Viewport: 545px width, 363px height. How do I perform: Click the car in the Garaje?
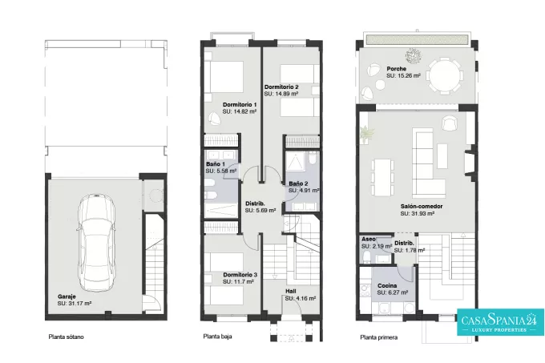96,243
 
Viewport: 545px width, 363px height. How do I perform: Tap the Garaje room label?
67,296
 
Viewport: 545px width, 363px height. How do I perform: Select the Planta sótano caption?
66,337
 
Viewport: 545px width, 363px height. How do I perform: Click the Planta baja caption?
217,337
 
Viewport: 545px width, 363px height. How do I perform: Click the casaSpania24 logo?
500,322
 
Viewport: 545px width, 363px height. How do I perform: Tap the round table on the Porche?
446,75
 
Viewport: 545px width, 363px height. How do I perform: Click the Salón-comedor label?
422,206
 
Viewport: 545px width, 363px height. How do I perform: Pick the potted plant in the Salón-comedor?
367,133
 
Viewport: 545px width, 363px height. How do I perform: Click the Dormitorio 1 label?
240,104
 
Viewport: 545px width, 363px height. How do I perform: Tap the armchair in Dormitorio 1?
215,118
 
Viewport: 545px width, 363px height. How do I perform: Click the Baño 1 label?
216,164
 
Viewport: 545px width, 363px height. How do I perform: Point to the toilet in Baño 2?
312,158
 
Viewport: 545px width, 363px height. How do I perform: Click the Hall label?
291,291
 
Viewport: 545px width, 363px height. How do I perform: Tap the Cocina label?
387,286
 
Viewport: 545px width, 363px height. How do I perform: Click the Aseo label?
369,239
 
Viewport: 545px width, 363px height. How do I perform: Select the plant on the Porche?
414,54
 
